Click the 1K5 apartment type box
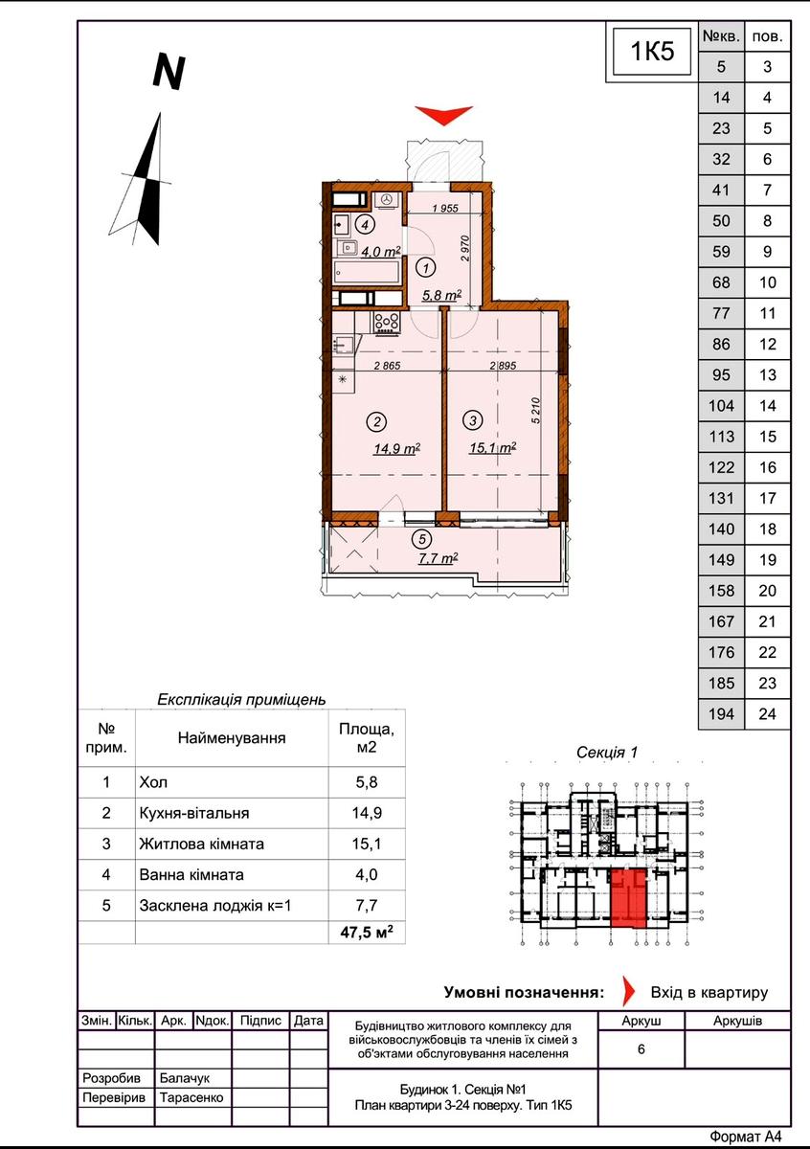point(651,52)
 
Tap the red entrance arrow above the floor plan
point(443,115)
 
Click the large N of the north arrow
point(169,72)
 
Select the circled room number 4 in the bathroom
point(365,224)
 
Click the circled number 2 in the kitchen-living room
point(377,421)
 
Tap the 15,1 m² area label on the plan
point(492,448)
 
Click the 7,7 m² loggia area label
point(439,558)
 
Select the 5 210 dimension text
point(536,410)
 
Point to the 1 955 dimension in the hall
point(445,209)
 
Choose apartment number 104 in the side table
point(721,406)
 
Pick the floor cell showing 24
point(767,713)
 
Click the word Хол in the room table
point(153,782)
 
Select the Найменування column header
point(232,737)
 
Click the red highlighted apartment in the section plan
point(628,900)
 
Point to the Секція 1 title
point(607,753)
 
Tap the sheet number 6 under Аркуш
point(641,1049)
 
